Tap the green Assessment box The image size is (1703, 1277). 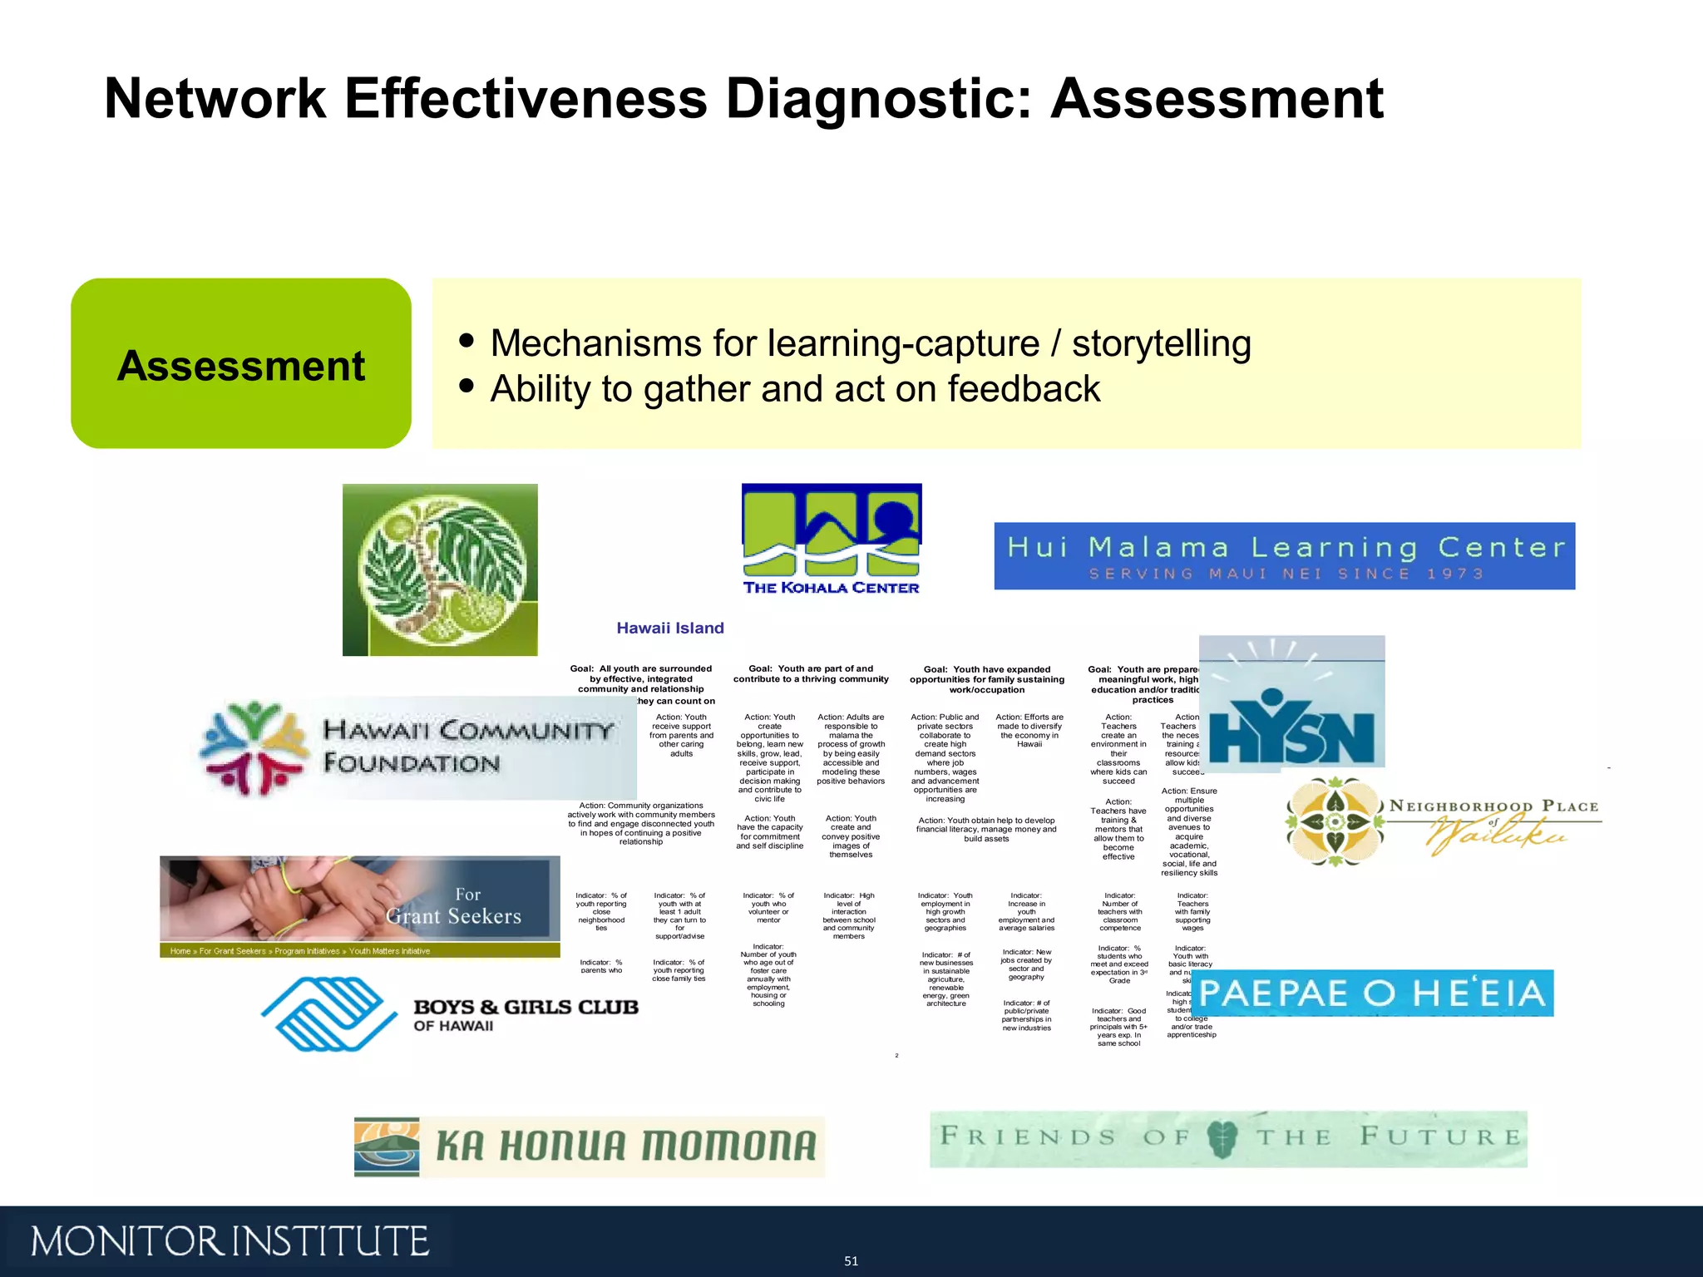click(x=241, y=364)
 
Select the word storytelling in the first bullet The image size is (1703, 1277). click(x=1161, y=343)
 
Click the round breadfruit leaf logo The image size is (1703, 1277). click(x=440, y=569)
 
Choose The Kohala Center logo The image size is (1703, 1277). click(x=831, y=540)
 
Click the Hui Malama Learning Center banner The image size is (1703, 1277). click(x=1284, y=555)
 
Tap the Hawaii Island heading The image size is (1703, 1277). click(x=670, y=629)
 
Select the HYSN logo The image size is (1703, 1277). click(x=1291, y=703)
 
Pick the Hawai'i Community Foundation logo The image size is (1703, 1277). click(x=416, y=747)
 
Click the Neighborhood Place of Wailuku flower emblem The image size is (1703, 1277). click(x=1334, y=821)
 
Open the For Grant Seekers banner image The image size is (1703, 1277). click(x=359, y=906)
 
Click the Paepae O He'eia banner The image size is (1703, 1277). click(x=1374, y=993)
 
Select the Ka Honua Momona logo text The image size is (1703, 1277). click(x=625, y=1146)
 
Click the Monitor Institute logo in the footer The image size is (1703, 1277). click(x=230, y=1241)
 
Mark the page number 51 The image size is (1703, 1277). click(x=851, y=1261)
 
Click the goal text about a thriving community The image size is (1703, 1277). click(x=811, y=674)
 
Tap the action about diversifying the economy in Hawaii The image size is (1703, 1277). click(x=1029, y=731)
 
